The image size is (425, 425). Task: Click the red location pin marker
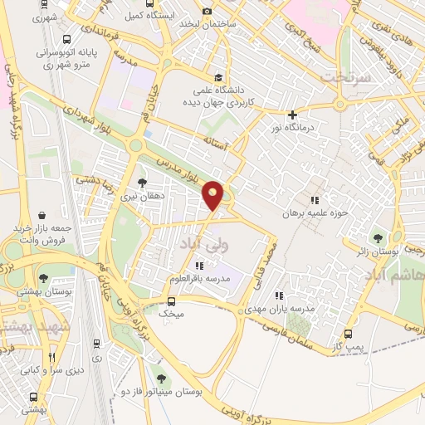pyautogui.click(x=213, y=194)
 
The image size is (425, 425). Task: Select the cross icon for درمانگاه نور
pyautogui.click(x=291, y=115)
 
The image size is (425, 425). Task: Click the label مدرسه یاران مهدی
pyautogui.click(x=286, y=308)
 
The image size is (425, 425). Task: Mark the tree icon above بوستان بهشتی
pyautogui.click(x=44, y=278)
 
